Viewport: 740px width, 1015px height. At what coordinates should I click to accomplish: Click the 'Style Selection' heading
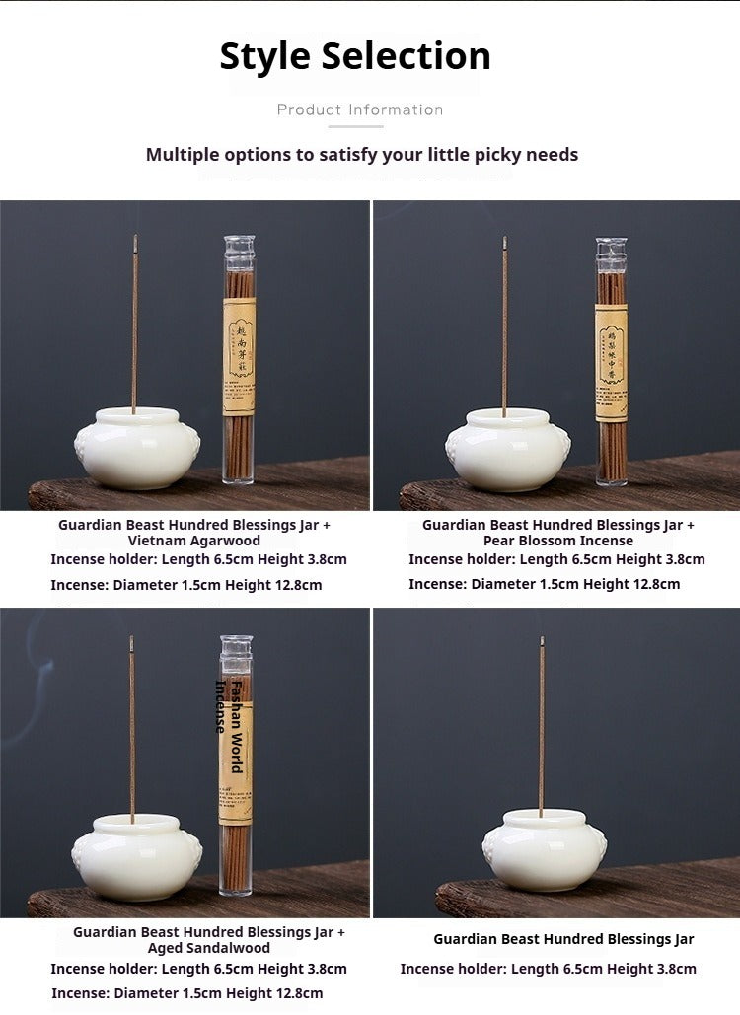[355, 56]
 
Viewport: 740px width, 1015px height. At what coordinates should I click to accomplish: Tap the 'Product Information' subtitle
[359, 109]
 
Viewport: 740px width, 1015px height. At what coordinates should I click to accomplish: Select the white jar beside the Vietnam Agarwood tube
[137, 449]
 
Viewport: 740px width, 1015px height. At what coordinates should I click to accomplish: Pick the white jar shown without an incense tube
[544, 849]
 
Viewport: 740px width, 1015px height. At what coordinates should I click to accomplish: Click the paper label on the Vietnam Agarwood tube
[239, 355]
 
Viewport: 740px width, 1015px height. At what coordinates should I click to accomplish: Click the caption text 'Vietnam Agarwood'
[194, 541]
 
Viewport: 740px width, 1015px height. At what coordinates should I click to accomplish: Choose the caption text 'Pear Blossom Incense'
[558, 541]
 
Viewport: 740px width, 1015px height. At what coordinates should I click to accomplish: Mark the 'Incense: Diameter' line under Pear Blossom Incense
[544, 584]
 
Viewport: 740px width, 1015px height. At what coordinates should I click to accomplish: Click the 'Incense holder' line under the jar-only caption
[548, 969]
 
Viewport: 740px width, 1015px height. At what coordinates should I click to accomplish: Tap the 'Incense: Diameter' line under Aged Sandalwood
[186, 993]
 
